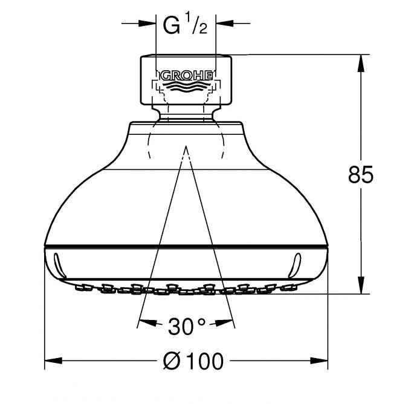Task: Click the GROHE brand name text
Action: (186, 76)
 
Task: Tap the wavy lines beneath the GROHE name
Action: (187, 86)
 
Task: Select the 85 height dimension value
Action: (360, 174)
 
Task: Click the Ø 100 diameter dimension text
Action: (193, 361)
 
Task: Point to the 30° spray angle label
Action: (187, 326)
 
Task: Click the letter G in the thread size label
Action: (172, 25)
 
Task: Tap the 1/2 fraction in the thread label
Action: (196, 24)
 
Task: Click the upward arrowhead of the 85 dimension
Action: (361, 64)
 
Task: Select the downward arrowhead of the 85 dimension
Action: (361, 285)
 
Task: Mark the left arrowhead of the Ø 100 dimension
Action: (53, 360)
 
